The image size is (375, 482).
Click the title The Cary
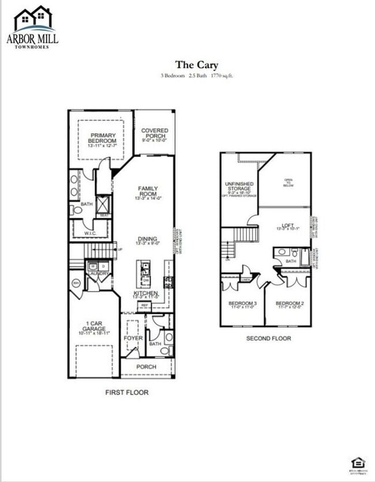197,65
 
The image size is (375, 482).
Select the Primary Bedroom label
102,138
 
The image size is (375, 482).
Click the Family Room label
148,191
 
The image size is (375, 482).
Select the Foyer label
133,338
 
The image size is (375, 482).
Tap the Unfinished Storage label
239,186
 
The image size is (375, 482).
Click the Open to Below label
288,183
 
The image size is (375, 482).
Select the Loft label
287,225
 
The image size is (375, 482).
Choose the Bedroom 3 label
243,304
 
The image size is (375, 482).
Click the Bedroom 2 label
289,304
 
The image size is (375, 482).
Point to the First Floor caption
126,392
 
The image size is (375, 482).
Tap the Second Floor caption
268,338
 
